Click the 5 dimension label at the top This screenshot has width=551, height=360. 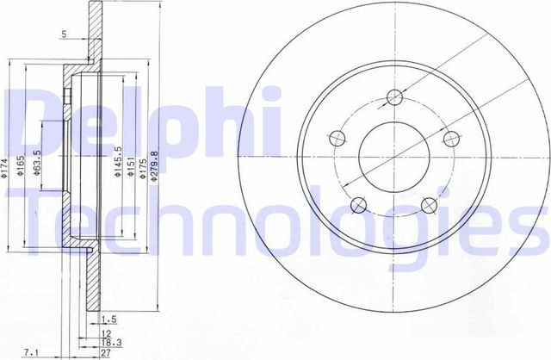[65, 35]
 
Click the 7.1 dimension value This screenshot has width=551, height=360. [32, 352]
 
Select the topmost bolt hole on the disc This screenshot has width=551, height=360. [394, 96]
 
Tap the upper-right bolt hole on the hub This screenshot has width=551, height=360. [449, 138]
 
